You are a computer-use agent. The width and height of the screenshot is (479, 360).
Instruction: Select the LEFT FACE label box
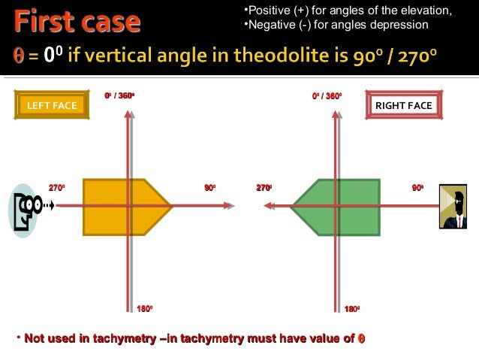tap(52, 105)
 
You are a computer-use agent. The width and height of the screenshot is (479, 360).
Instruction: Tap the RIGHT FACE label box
tap(403, 105)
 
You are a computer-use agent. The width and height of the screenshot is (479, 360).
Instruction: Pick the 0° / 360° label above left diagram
tap(120, 96)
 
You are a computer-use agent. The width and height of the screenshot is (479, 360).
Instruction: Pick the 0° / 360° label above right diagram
tap(327, 96)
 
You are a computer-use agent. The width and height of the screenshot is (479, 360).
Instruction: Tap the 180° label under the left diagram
tap(145, 309)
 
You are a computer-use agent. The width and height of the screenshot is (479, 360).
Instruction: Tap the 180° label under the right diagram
tap(351, 309)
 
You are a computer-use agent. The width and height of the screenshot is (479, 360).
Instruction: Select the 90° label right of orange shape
tap(211, 187)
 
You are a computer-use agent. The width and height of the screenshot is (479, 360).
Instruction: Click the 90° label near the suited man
tap(417, 187)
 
